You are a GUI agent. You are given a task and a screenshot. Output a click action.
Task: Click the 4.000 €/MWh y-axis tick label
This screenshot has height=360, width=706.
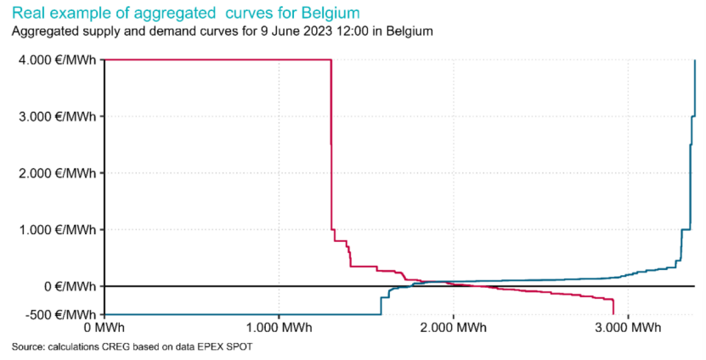(54, 59)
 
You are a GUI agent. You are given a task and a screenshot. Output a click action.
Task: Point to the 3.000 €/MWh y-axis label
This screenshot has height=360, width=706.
(54, 116)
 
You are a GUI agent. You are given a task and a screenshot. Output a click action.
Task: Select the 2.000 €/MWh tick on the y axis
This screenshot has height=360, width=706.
(54, 173)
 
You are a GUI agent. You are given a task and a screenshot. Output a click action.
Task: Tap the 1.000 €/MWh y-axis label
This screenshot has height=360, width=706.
(54, 229)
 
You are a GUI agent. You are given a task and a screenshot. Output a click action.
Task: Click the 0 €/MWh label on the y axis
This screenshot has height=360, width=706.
(64, 286)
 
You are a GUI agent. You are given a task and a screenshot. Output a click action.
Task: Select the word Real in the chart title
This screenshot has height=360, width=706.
(28, 14)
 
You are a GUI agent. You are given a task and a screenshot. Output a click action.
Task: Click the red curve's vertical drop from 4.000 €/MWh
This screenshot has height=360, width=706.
(330, 144)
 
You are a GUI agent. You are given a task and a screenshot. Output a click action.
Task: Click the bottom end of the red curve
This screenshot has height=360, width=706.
(613, 313)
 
